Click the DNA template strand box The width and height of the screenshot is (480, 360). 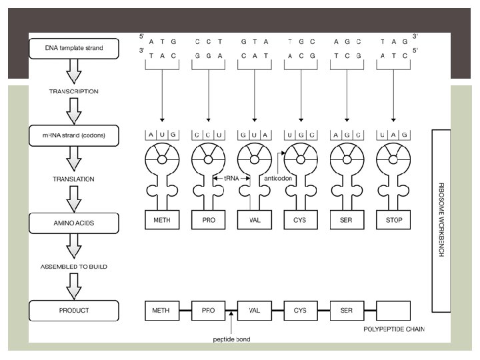(x=74, y=48)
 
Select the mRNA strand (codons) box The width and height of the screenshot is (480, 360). (x=74, y=136)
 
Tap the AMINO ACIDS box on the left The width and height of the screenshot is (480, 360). (x=74, y=223)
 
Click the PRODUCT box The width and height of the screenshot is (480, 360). (x=74, y=310)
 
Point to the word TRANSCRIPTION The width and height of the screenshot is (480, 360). (x=74, y=91)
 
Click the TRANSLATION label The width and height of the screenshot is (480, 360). (x=74, y=179)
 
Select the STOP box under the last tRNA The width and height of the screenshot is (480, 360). (x=393, y=219)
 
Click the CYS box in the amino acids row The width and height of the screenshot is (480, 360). (x=300, y=219)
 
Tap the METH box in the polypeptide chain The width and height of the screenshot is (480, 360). (x=161, y=310)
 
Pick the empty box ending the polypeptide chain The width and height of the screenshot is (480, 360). (x=393, y=310)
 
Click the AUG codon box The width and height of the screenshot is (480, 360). (x=161, y=135)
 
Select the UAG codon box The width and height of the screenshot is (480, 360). (x=393, y=135)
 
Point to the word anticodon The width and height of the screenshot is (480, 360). (x=278, y=179)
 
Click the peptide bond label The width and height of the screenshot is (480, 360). (x=232, y=339)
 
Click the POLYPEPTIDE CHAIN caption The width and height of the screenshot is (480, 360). (x=394, y=329)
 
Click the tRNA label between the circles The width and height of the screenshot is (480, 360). (x=231, y=179)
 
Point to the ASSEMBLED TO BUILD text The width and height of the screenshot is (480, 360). (x=74, y=267)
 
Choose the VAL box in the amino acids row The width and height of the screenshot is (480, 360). (x=254, y=219)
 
